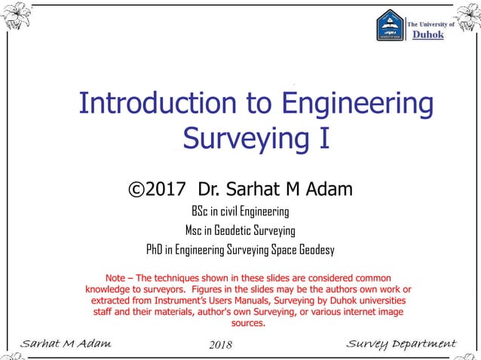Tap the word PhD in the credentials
click(x=155, y=249)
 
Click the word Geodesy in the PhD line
click(x=315, y=249)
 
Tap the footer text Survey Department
click(x=401, y=344)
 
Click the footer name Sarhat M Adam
click(x=66, y=344)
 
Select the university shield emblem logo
click(x=391, y=26)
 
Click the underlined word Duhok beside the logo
click(x=426, y=34)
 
